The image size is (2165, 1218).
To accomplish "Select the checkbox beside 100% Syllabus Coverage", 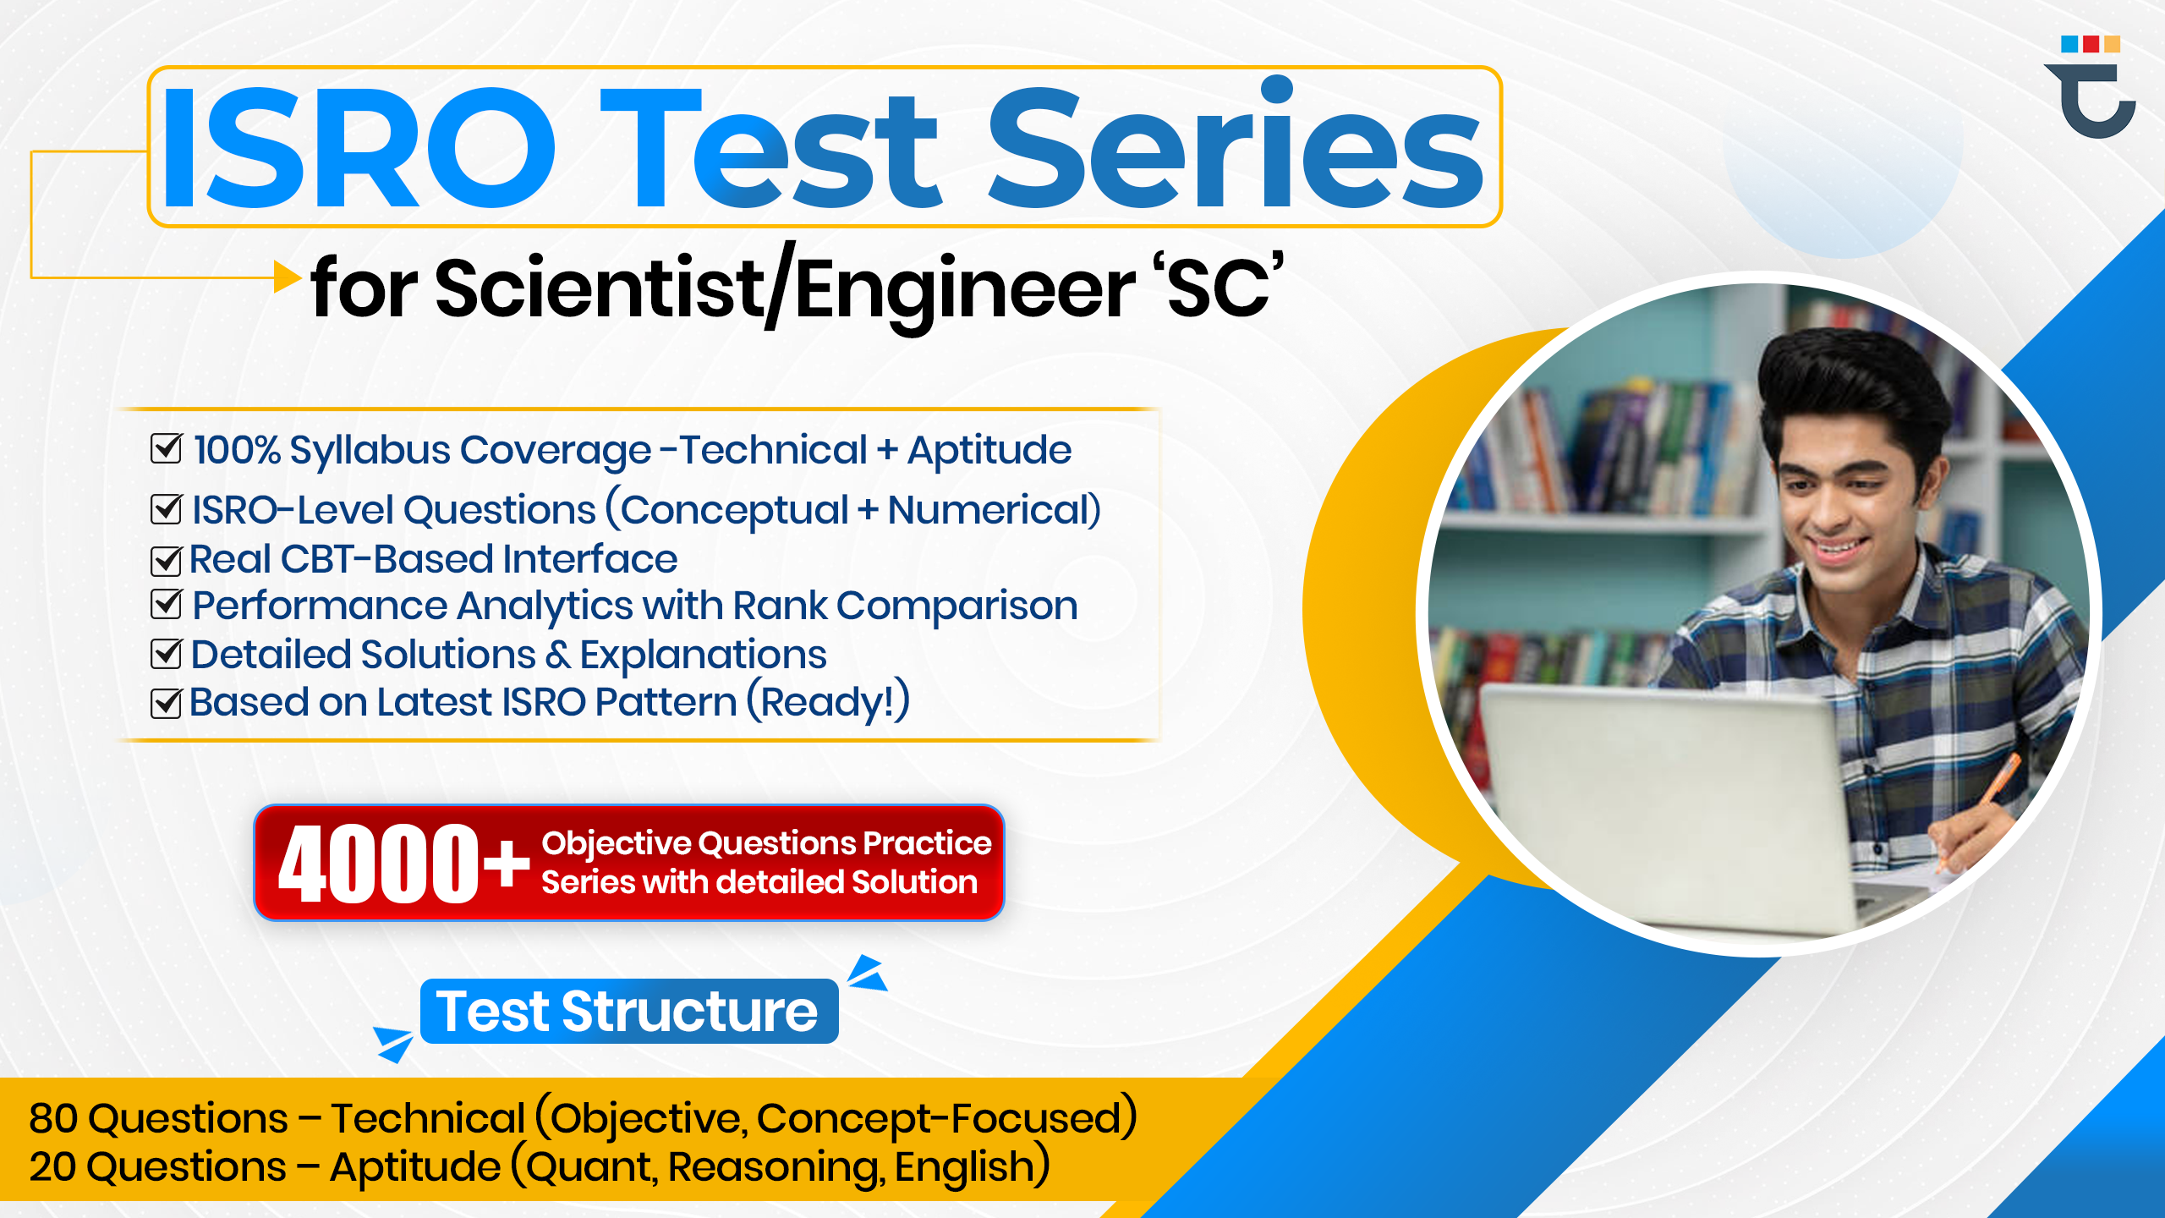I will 166,448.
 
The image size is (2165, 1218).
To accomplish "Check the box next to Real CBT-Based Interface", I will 166,560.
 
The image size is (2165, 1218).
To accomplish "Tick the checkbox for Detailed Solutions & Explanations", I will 166,653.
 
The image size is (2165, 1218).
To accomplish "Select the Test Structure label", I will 628,1012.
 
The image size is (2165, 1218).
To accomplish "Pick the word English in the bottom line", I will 964,1167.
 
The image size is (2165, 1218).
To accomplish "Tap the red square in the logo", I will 2091,44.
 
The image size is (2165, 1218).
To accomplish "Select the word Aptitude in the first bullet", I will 989,450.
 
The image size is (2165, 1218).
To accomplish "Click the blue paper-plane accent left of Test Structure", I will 393,1042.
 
